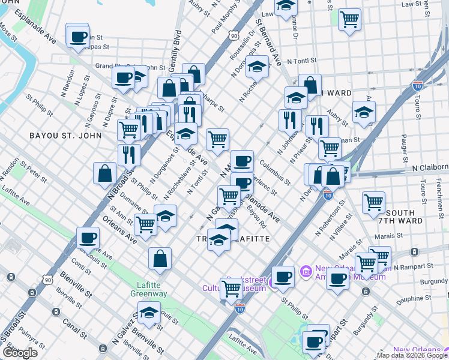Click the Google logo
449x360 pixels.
pos(20,353)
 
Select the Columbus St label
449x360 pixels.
pos(275,172)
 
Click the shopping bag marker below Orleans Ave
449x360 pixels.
pos(160,259)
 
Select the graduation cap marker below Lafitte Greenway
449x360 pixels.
pos(149,312)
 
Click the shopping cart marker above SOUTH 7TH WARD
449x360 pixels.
pos(374,202)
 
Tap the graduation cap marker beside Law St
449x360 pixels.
pos(286,8)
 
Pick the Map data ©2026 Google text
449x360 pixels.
pos(412,355)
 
